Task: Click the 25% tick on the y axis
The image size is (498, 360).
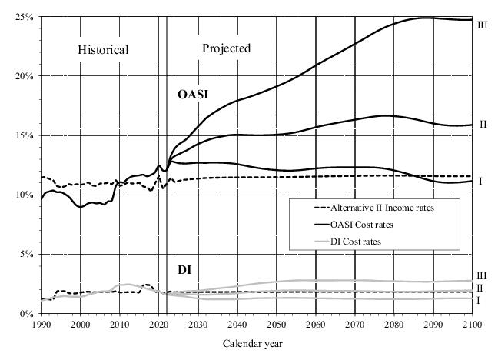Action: [24, 17]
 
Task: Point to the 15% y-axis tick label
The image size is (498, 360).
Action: [24, 135]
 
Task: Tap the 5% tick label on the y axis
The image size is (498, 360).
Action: [26, 254]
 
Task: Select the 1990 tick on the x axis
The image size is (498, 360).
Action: [41, 325]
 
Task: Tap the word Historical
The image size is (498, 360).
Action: [103, 50]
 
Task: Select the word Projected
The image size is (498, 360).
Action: [226, 48]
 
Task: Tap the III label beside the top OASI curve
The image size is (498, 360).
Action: [483, 25]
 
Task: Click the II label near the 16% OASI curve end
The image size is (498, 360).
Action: [483, 124]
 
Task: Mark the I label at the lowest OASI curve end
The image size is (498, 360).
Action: [480, 181]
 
